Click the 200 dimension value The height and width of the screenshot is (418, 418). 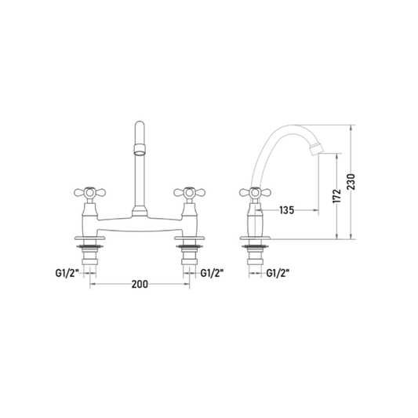[140, 284]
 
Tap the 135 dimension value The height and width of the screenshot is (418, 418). [286, 210]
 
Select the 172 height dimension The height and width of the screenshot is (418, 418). [337, 196]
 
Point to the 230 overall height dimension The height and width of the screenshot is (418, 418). [351, 181]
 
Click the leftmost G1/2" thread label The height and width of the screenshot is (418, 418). [67, 273]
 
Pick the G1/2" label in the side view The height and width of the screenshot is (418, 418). [278, 273]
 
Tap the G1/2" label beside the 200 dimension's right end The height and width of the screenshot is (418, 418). [212, 273]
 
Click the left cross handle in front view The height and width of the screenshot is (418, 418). [90, 192]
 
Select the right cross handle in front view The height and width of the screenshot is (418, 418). [190, 192]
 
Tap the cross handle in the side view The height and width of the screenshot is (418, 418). [255, 192]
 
